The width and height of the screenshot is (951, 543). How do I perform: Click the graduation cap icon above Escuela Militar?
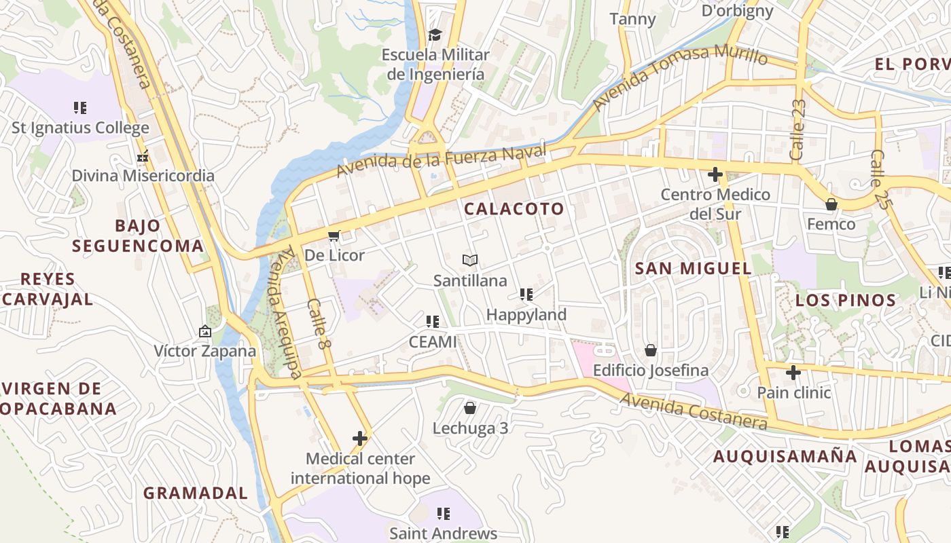[x=434, y=35]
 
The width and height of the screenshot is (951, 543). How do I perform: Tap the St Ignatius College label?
[x=80, y=128]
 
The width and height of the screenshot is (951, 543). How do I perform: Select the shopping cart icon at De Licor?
[x=334, y=236]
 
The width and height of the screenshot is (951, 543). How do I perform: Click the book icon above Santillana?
[x=470, y=260]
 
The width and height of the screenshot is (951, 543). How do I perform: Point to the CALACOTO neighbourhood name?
[x=514, y=209]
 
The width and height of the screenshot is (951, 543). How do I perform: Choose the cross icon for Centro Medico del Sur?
[x=715, y=174]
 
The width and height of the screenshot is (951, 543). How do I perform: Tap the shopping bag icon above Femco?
[x=831, y=204]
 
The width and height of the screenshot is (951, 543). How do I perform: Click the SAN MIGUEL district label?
[x=693, y=268]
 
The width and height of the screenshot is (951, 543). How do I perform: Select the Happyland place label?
[x=526, y=315]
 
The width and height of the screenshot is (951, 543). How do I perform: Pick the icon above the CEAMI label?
[x=433, y=321]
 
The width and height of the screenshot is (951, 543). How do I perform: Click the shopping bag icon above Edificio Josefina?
[x=651, y=350]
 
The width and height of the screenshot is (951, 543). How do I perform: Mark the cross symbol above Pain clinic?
[x=793, y=372]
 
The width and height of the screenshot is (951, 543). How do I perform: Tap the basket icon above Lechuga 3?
[x=469, y=408]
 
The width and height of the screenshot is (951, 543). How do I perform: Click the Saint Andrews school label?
[x=444, y=533]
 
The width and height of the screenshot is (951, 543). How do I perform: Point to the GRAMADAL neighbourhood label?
[x=196, y=493]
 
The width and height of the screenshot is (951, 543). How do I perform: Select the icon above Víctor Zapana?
[x=204, y=331]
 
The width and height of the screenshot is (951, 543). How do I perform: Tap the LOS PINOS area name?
[x=846, y=301]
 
